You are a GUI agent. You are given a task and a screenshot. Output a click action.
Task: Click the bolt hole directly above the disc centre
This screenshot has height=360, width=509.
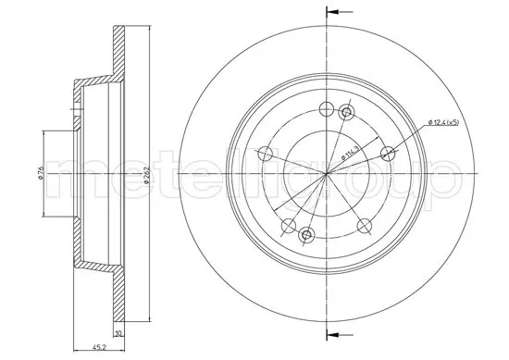326,108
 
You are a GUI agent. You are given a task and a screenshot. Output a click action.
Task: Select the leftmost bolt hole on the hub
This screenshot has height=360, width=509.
265,154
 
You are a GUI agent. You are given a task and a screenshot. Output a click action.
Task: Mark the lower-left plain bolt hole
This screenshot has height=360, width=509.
288,225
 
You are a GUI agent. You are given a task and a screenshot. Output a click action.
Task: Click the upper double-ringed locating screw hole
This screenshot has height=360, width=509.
347,112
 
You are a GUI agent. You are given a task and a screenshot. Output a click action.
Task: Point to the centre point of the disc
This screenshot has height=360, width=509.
326,173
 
